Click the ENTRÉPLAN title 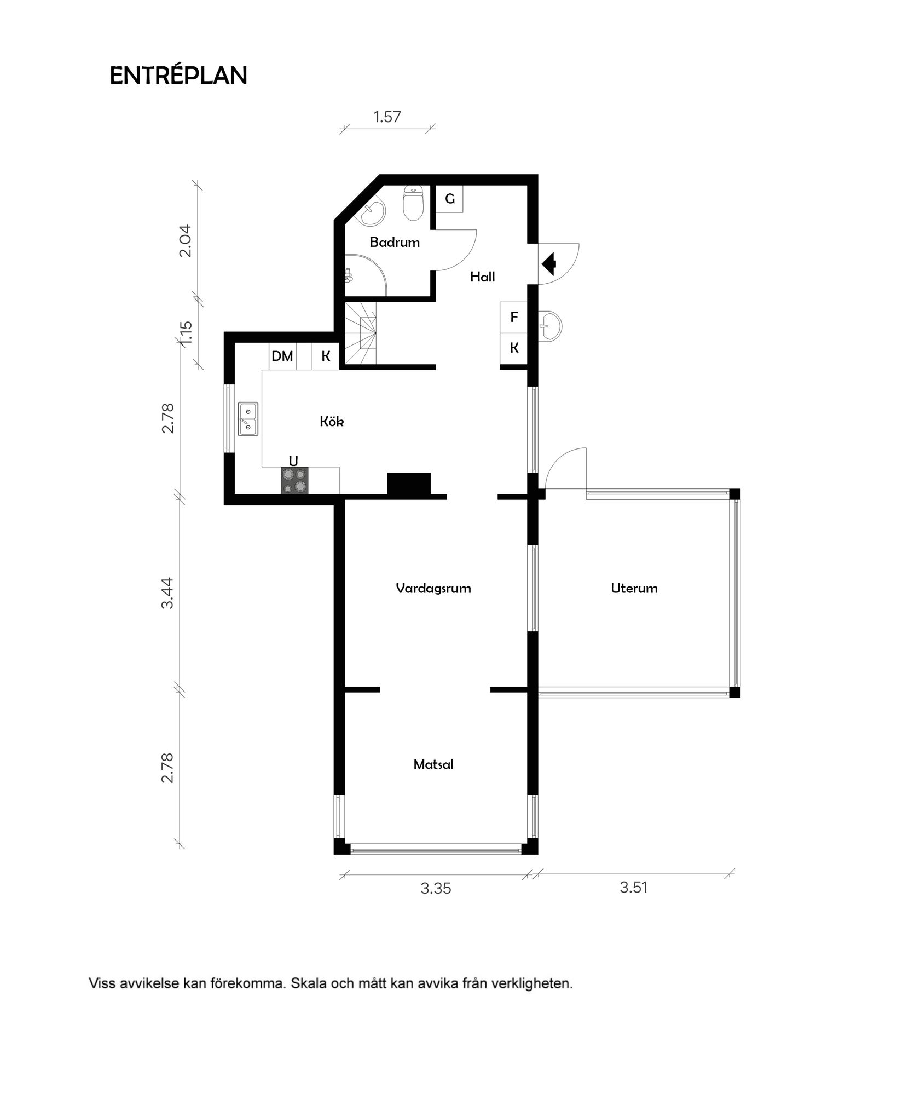pos(178,76)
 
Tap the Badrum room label pos(395,242)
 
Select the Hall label pos(483,277)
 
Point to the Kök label pos(332,421)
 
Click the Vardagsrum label pos(433,588)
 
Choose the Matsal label pos(433,764)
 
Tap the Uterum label pos(634,588)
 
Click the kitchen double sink pos(248,419)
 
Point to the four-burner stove pos(294,481)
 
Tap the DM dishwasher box pos(282,356)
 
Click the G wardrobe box pos(450,199)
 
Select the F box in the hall pos(514,317)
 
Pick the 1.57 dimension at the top pos(387,117)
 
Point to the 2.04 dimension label pos(186,241)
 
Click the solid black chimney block pos(409,485)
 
